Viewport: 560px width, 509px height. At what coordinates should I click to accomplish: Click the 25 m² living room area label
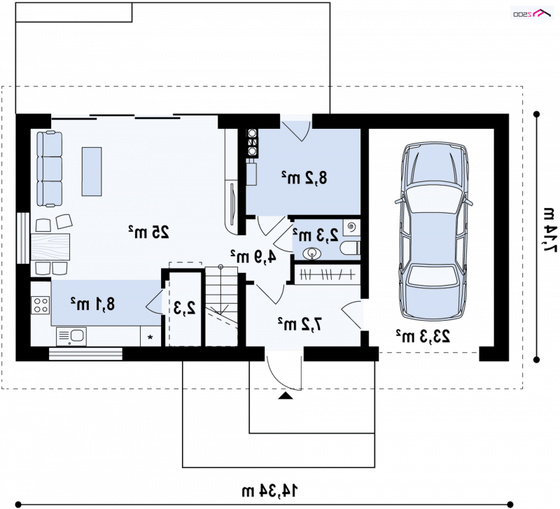pyautogui.click(x=148, y=232)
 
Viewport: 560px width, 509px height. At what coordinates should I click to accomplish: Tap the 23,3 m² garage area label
pyautogui.click(x=423, y=337)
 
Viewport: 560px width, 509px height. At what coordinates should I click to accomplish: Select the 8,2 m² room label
pyautogui.click(x=304, y=178)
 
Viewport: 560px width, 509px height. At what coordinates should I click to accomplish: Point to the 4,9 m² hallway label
pyautogui.click(x=253, y=256)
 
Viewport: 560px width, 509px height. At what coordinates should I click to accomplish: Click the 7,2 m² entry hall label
pyautogui.click(x=300, y=324)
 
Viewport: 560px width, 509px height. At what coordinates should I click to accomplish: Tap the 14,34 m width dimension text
pyautogui.click(x=269, y=491)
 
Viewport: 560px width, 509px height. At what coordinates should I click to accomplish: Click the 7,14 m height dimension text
pyautogui.click(x=550, y=230)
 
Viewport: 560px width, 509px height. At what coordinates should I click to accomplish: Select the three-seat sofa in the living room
pyautogui.click(x=49, y=169)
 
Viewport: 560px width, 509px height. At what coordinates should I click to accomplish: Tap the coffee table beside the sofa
pyautogui.click(x=92, y=172)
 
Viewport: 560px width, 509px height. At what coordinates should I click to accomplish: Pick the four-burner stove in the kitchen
pyautogui.click(x=41, y=305)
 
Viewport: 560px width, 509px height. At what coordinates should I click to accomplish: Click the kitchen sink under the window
pyautogui.click(x=71, y=337)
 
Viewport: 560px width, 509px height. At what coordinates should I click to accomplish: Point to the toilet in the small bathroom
pyautogui.click(x=350, y=249)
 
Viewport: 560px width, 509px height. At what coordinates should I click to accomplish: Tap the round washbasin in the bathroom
pyautogui.click(x=311, y=253)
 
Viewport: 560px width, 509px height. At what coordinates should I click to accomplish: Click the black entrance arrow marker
pyautogui.click(x=285, y=396)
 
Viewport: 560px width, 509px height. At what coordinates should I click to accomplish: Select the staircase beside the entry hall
pyautogui.click(x=221, y=306)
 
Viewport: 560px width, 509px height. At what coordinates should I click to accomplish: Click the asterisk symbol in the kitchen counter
pyautogui.click(x=150, y=337)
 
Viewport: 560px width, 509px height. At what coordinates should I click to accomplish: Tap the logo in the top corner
pyautogui.click(x=532, y=13)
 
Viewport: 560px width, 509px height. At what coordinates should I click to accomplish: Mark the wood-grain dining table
pyautogui.click(x=50, y=247)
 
